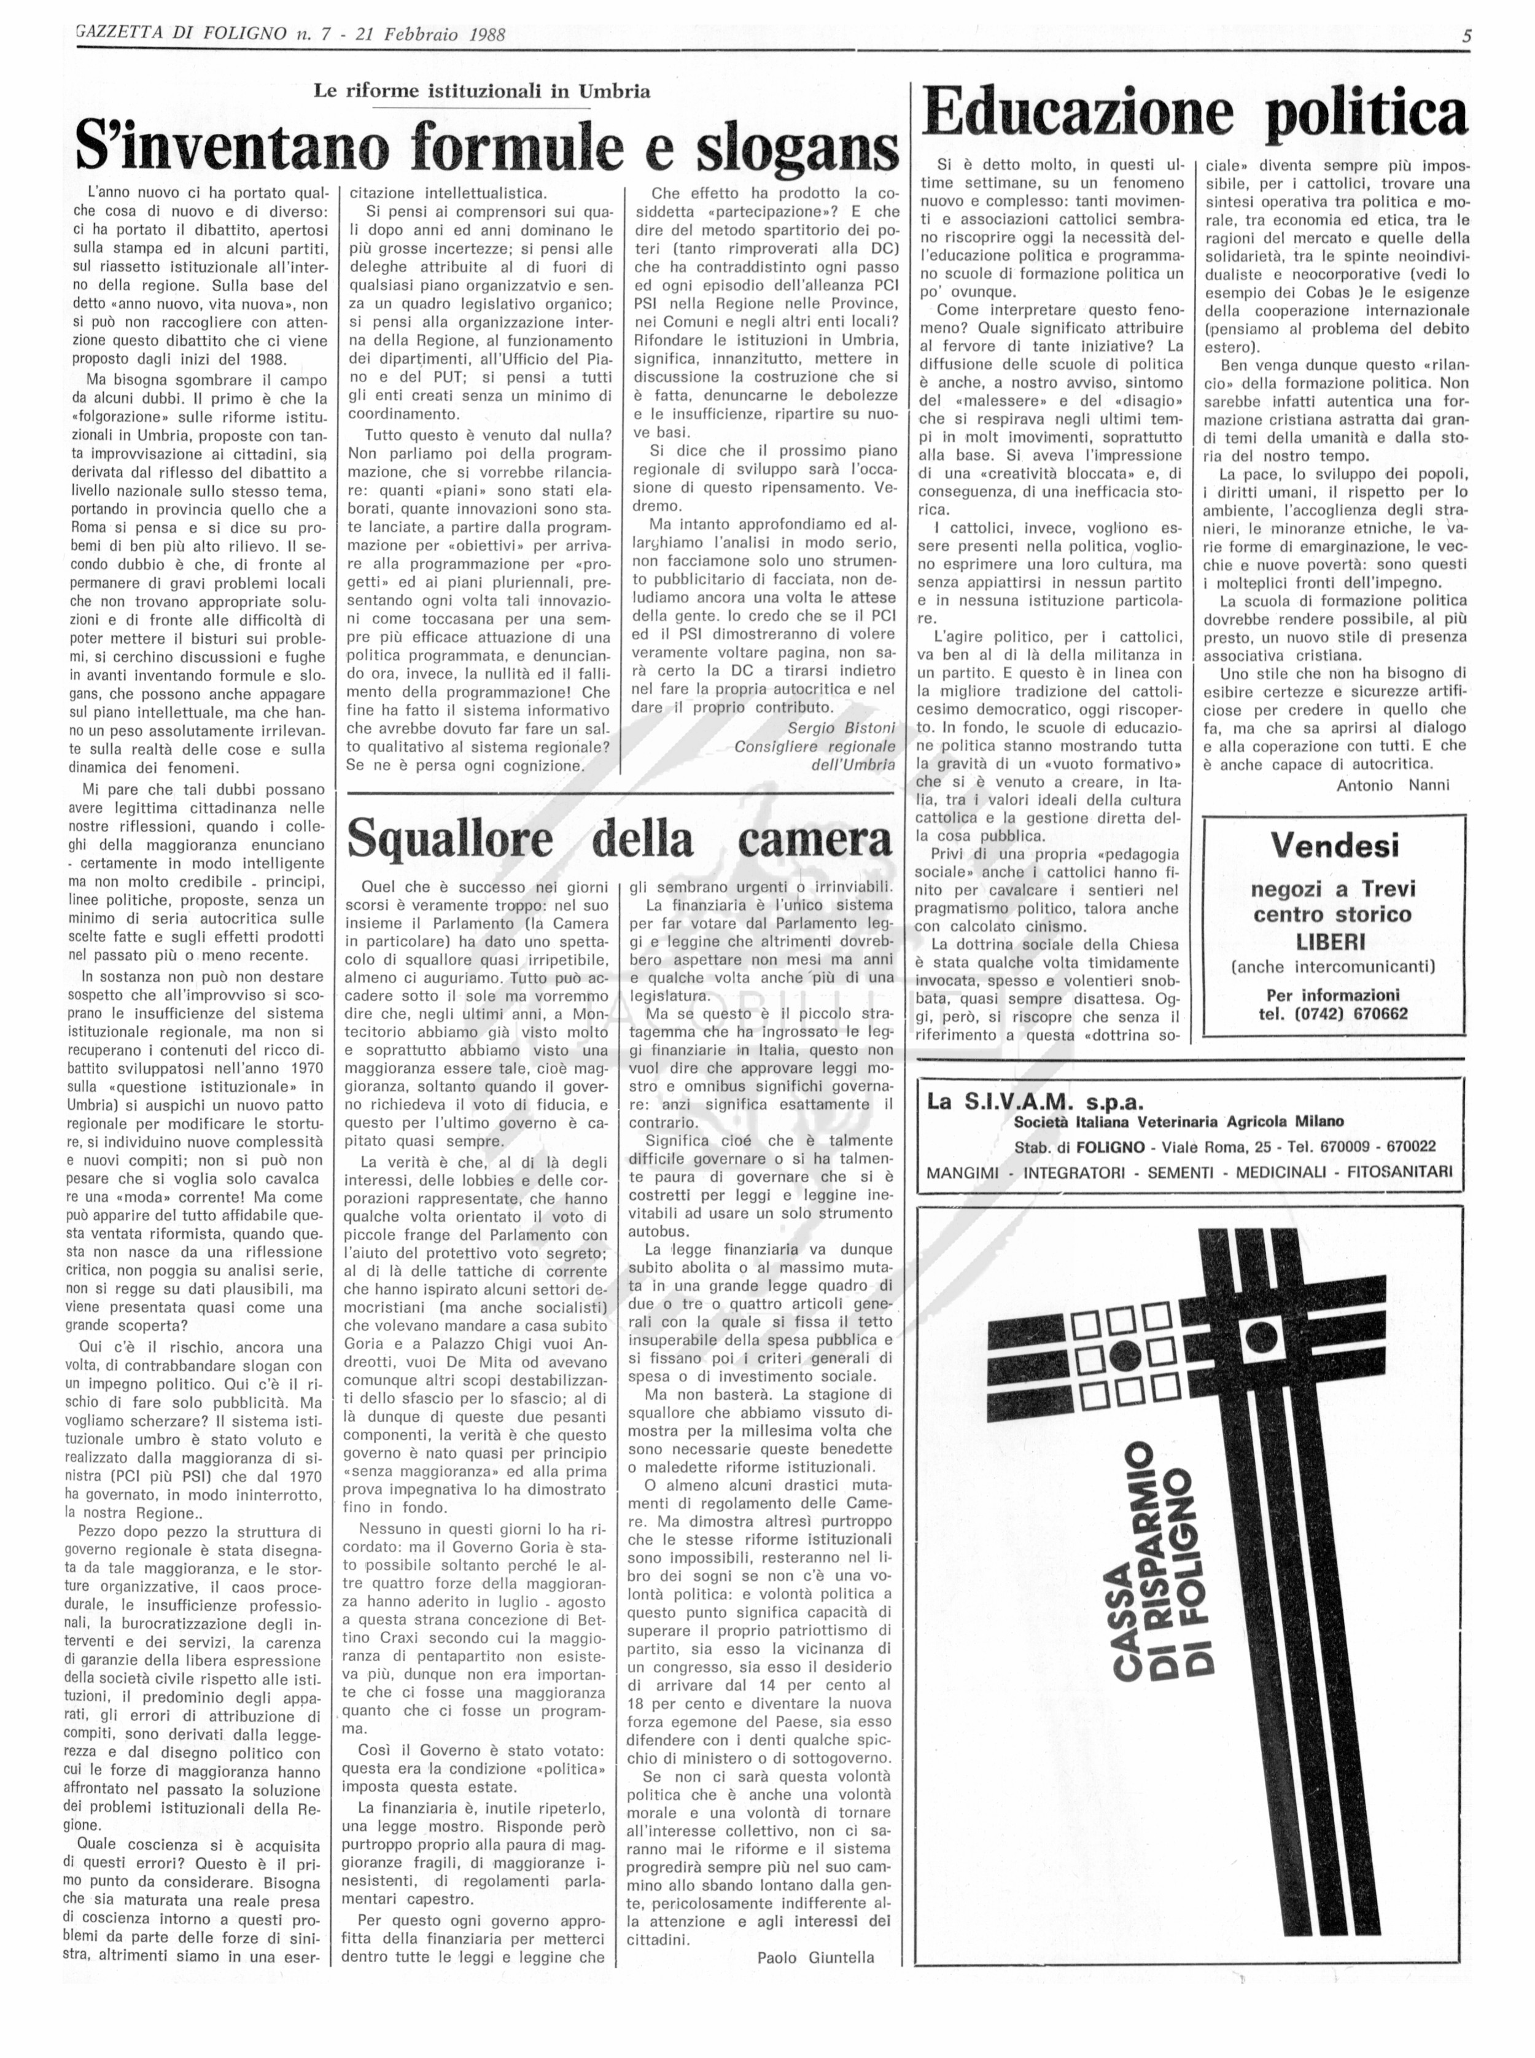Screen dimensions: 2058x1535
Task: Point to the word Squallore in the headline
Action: click(x=449, y=839)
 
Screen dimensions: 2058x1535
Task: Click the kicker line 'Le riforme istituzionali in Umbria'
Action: click(x=481, y=91)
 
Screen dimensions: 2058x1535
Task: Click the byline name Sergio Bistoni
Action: click(x=841, y=728)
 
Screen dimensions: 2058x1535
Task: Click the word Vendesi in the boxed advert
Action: click(x=1334, y=846)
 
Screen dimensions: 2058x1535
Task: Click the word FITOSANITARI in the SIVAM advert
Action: click(x=1399, y=1172)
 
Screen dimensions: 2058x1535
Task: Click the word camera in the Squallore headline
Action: click(x=814, y=839)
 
